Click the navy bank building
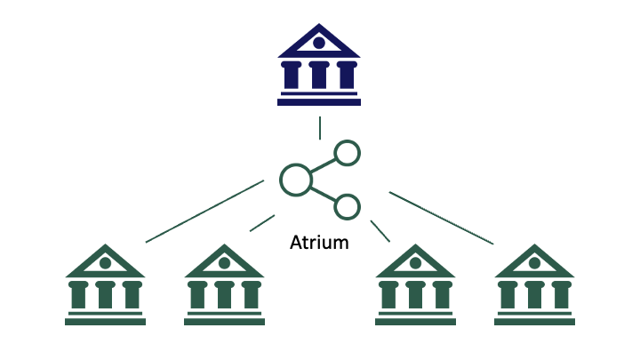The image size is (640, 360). tap(319, 67)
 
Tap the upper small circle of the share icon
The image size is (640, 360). tap(347, 153)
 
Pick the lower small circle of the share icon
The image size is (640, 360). tap(347, 207)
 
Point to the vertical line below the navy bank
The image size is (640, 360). tap(319, 128)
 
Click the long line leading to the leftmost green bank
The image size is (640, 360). tap(204, 211)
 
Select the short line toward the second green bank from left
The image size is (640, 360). tap(262, 223)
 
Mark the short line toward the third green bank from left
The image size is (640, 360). tap(380, 230)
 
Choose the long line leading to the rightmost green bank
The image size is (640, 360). tap(441, 217)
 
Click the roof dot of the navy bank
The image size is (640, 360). tap(319, 42)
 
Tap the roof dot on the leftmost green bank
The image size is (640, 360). tap(105, 262)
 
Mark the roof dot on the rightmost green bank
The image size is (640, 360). tap(533, 262)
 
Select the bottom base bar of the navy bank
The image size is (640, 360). tap(319, 102)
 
